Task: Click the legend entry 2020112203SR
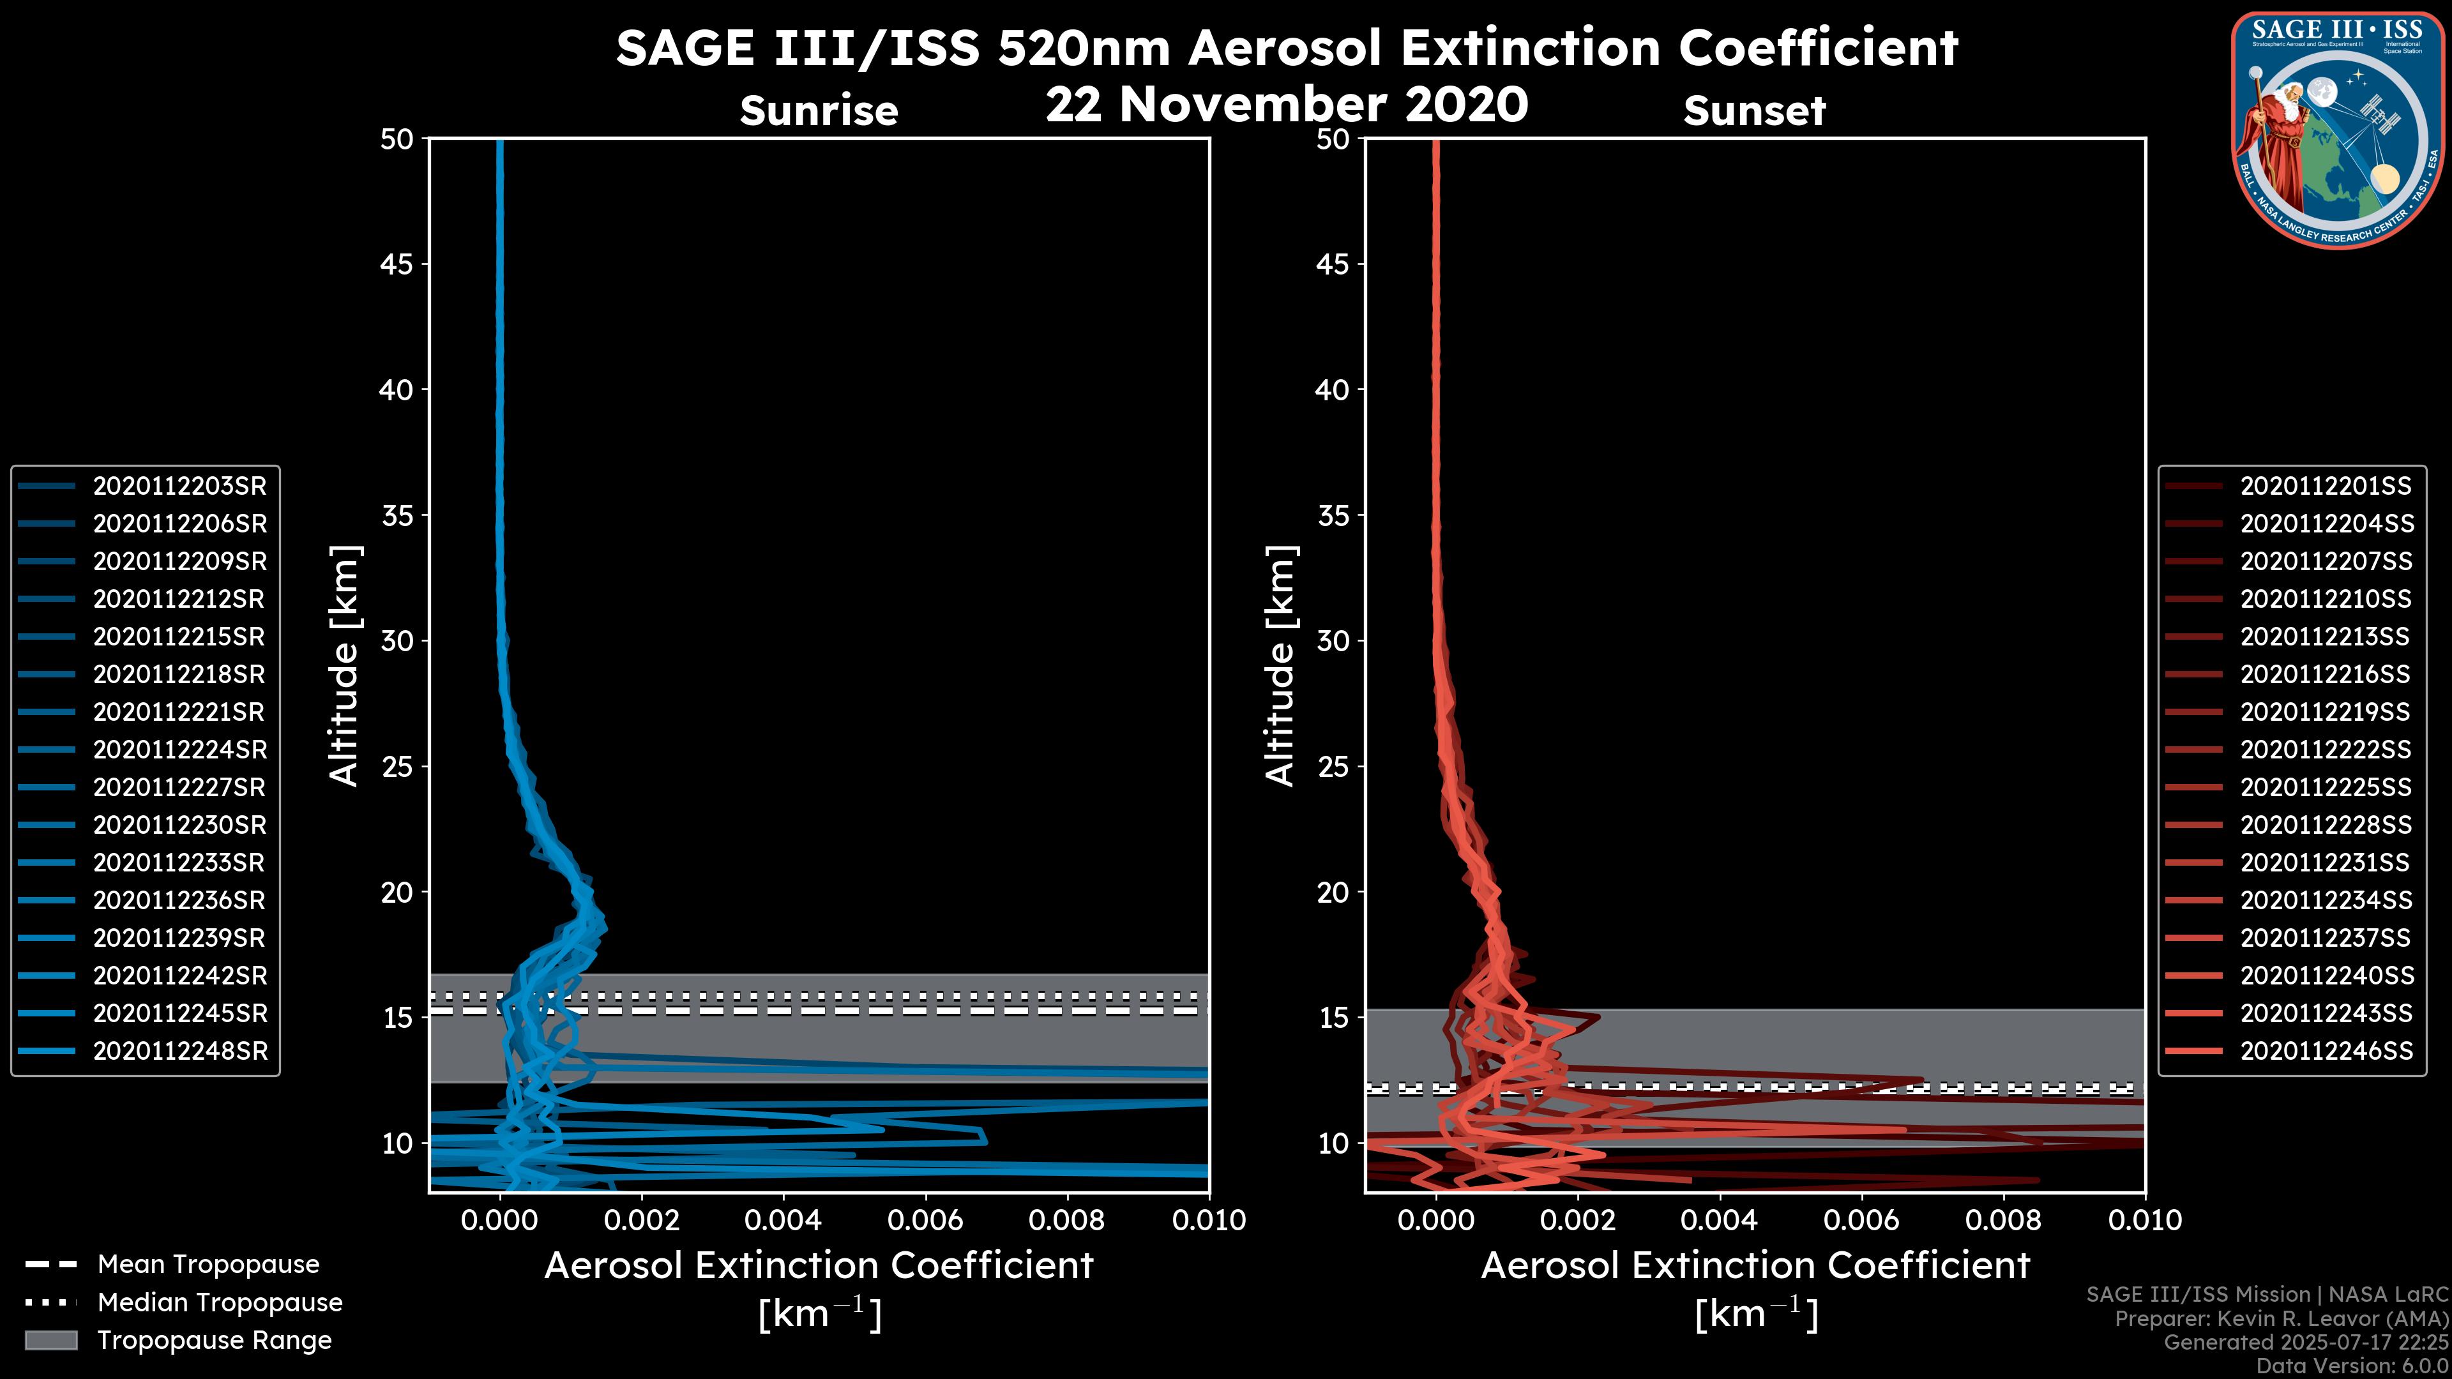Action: [x=179, y=486]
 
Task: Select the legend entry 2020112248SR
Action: [x=179, y=1051]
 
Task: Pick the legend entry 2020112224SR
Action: [x=179, y=750]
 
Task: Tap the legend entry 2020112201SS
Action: [x=2326, y=486]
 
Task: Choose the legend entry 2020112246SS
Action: [x=2326, y=1051]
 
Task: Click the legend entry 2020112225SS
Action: [x=2326, y=788]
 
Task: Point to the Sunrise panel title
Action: [x=819, y=111]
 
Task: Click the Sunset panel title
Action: [x=1754, y=111]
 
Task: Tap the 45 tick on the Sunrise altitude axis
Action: [x=397, y=264]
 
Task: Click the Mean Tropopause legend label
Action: [x=208, y=1265]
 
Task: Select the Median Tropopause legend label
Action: [x=220, y=1303]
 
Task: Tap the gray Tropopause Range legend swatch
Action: [x=50, y=1341]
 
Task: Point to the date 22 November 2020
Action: [x=1286, y=105]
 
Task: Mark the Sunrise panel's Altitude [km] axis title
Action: [x=345, y=665]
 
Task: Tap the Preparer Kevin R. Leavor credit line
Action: [x=2282, y=1319]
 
